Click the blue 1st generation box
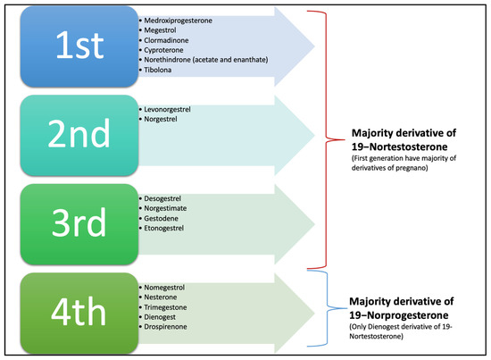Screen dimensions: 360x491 (71, 50)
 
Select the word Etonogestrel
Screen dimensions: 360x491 (168, 229)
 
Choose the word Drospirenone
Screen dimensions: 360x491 (169, 328)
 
